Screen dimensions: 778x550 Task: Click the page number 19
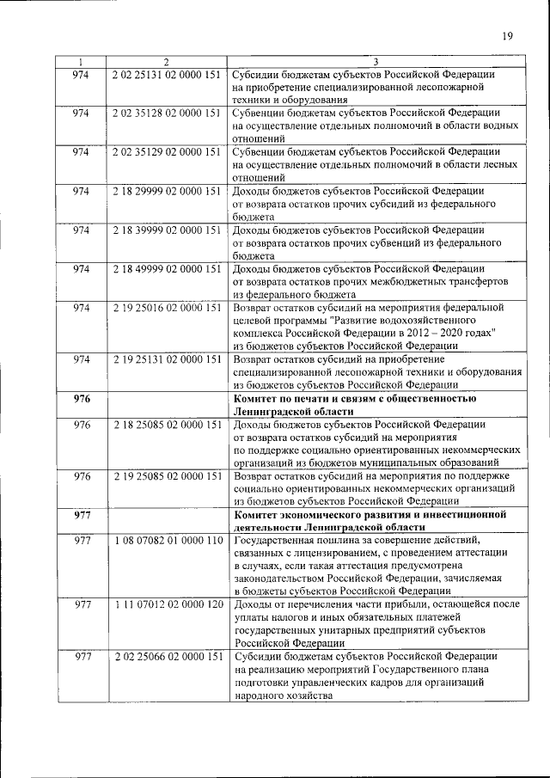click(x=508, y=36)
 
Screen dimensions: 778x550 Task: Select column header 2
click(x=166, y=62)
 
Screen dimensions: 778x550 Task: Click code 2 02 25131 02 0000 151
click(x=167, y=74)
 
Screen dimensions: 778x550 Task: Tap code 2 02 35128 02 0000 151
click(x=167, y=113)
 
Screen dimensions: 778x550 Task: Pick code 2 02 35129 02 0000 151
click(x=167, y=151)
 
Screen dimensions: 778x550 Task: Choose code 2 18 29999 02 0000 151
click(x=167, y=190)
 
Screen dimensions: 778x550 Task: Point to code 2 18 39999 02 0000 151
click(x=167, y=230)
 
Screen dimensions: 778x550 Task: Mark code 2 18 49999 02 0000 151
click(x=167, y=268)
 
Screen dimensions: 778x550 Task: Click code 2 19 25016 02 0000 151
click(x=167, y=307)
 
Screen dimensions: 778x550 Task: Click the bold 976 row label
click(x=82, y=399)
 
